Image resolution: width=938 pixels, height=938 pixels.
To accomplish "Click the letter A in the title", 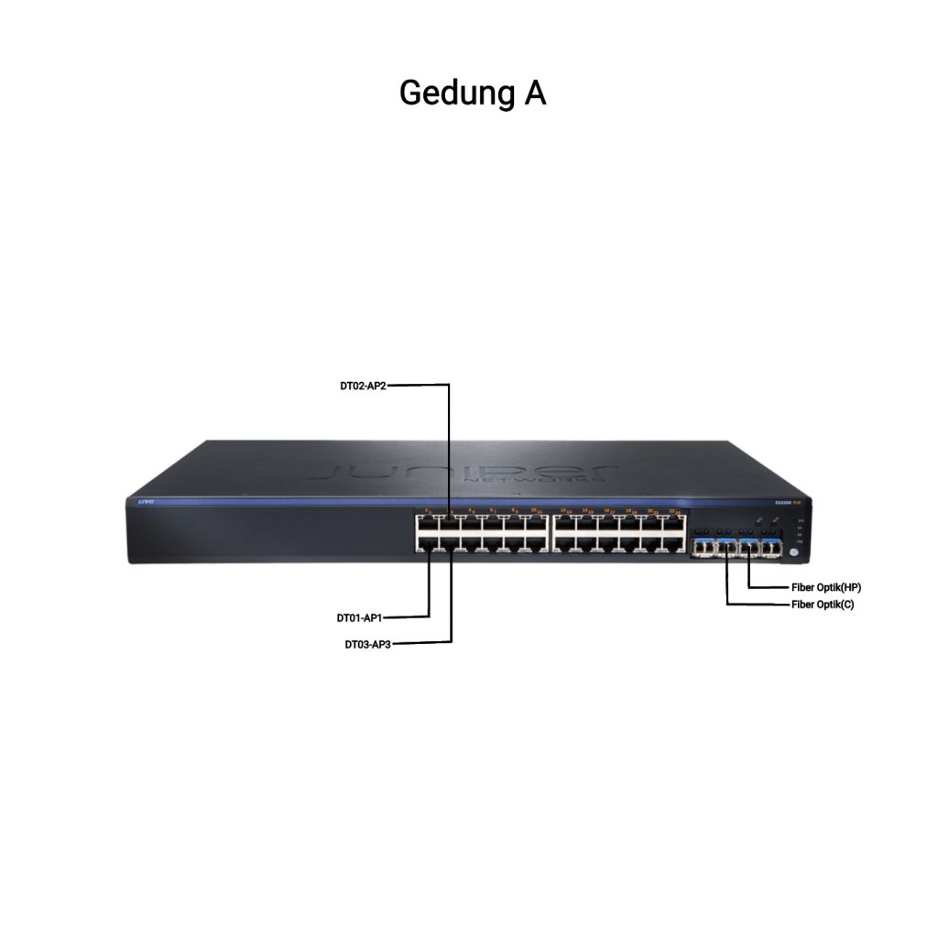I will pyautogui.click(x=535, y=93).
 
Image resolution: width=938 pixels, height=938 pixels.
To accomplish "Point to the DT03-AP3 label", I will pyautogui.click(x=368, y=644).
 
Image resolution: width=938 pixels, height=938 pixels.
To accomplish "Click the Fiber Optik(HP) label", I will pyautogui.click(x=825, y=586).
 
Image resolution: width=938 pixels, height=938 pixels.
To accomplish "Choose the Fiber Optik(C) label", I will pyautogui.click(x=823, y=605).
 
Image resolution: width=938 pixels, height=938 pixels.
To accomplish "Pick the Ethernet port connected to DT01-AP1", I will pyautogui.click(x=427, y=542).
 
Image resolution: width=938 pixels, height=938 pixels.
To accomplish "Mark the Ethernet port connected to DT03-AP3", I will pyautogui.click(x=450, y=542).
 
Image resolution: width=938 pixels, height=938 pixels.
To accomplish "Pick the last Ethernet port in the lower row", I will pyautogui.click(x=675, y=543).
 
